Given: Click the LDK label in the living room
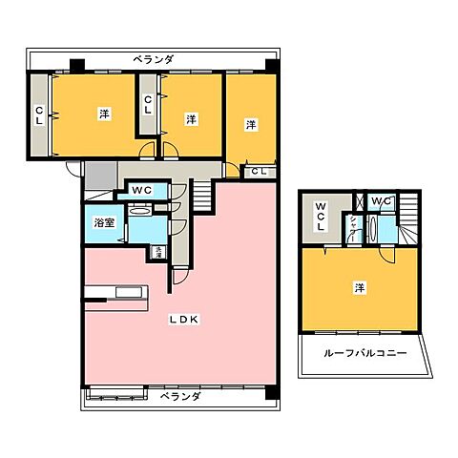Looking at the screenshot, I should [185, 320].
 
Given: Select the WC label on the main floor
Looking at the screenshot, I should [141, 191].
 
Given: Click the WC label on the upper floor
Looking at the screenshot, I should [379, 200].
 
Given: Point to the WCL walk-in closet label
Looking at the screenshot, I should [322, 219].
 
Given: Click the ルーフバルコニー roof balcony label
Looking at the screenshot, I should [366, 353].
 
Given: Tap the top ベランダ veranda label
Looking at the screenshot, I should [154, 59].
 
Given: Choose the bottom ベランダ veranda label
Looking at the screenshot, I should [179, 395].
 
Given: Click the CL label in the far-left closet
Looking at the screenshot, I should [39, 116].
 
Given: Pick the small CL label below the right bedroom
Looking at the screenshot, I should [259, 172].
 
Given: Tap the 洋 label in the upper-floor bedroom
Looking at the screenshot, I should [359, 286].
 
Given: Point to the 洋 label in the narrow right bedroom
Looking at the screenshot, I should [250, 124].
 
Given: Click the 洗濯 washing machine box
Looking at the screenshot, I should [157, 253].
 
